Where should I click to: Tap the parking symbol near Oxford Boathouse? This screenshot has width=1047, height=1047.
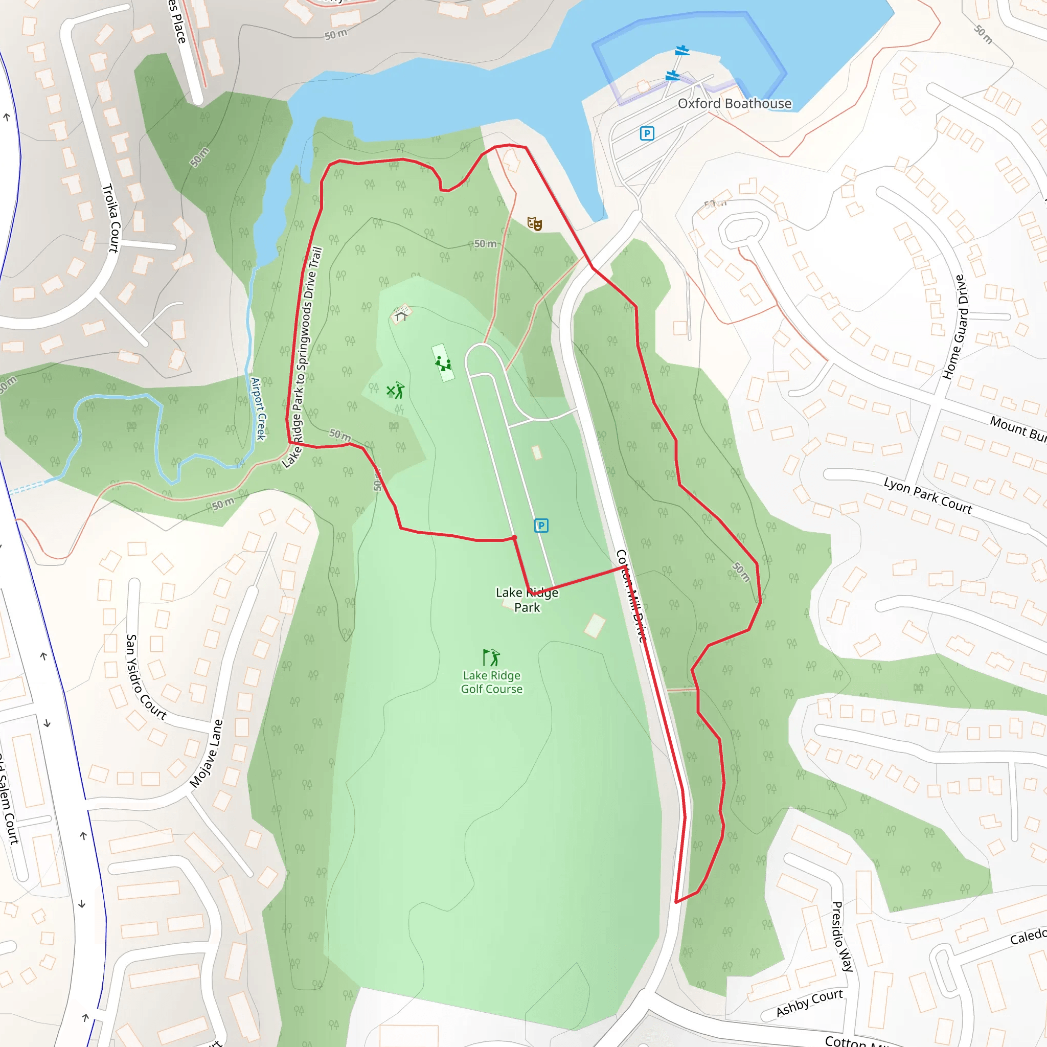647,133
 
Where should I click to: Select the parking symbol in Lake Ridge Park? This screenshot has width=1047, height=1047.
541,525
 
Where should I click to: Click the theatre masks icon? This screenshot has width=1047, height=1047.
534,223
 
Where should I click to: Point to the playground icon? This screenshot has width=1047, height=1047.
443,363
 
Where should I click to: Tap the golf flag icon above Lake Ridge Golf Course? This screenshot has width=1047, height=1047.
491,657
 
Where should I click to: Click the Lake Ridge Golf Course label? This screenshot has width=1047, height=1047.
491,682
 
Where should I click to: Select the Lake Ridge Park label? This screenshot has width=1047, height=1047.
527,600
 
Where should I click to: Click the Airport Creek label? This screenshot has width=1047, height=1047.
259,409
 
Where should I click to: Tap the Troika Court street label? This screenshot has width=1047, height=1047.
110,218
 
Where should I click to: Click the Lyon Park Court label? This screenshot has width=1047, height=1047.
928,495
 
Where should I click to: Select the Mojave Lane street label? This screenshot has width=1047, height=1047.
207,753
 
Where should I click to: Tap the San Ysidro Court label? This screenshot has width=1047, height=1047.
145,677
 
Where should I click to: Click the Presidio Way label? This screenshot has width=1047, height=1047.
843,937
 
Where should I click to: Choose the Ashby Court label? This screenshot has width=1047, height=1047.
809,1003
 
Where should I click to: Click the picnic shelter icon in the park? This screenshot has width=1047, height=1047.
401,314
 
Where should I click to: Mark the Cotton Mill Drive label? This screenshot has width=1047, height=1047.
631,596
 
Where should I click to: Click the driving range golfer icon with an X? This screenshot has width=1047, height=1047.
396,390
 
